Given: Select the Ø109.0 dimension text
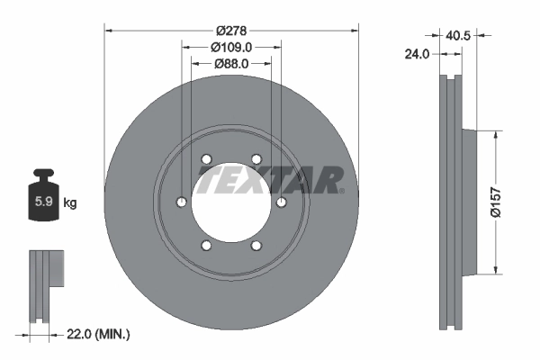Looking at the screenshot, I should click(x=231, y=47).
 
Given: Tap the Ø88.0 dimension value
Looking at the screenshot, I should click(x=231, y=64).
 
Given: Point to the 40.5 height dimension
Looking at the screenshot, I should click(x=458, y=37).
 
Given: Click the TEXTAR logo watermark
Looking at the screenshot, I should click(x=270, y=180).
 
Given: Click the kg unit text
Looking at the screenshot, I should click(x=69, y=202).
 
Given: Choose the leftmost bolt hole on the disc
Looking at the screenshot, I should click(x=183, y=202).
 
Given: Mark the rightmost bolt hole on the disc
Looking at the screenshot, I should click(x=281, y=202).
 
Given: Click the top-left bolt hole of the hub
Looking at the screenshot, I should click(x=207, y=159).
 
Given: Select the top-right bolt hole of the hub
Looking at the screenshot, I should click(x=256, y=159).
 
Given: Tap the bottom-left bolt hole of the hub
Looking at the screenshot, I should click(x=207, y=245).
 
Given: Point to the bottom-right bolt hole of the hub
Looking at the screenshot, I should click(x=256, y=245).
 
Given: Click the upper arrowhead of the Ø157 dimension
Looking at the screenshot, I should click(x=495, y=134).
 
